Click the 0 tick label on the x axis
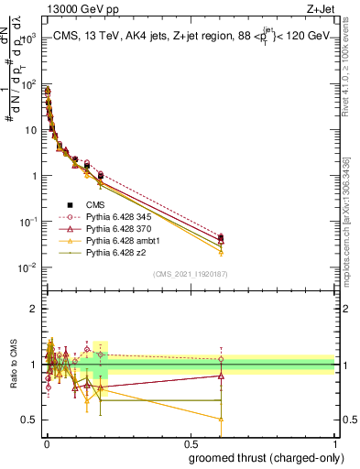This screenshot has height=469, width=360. click(47, 443)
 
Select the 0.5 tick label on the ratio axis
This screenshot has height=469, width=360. click(30, 420)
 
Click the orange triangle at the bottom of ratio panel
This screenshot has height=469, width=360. click(221, 419)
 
